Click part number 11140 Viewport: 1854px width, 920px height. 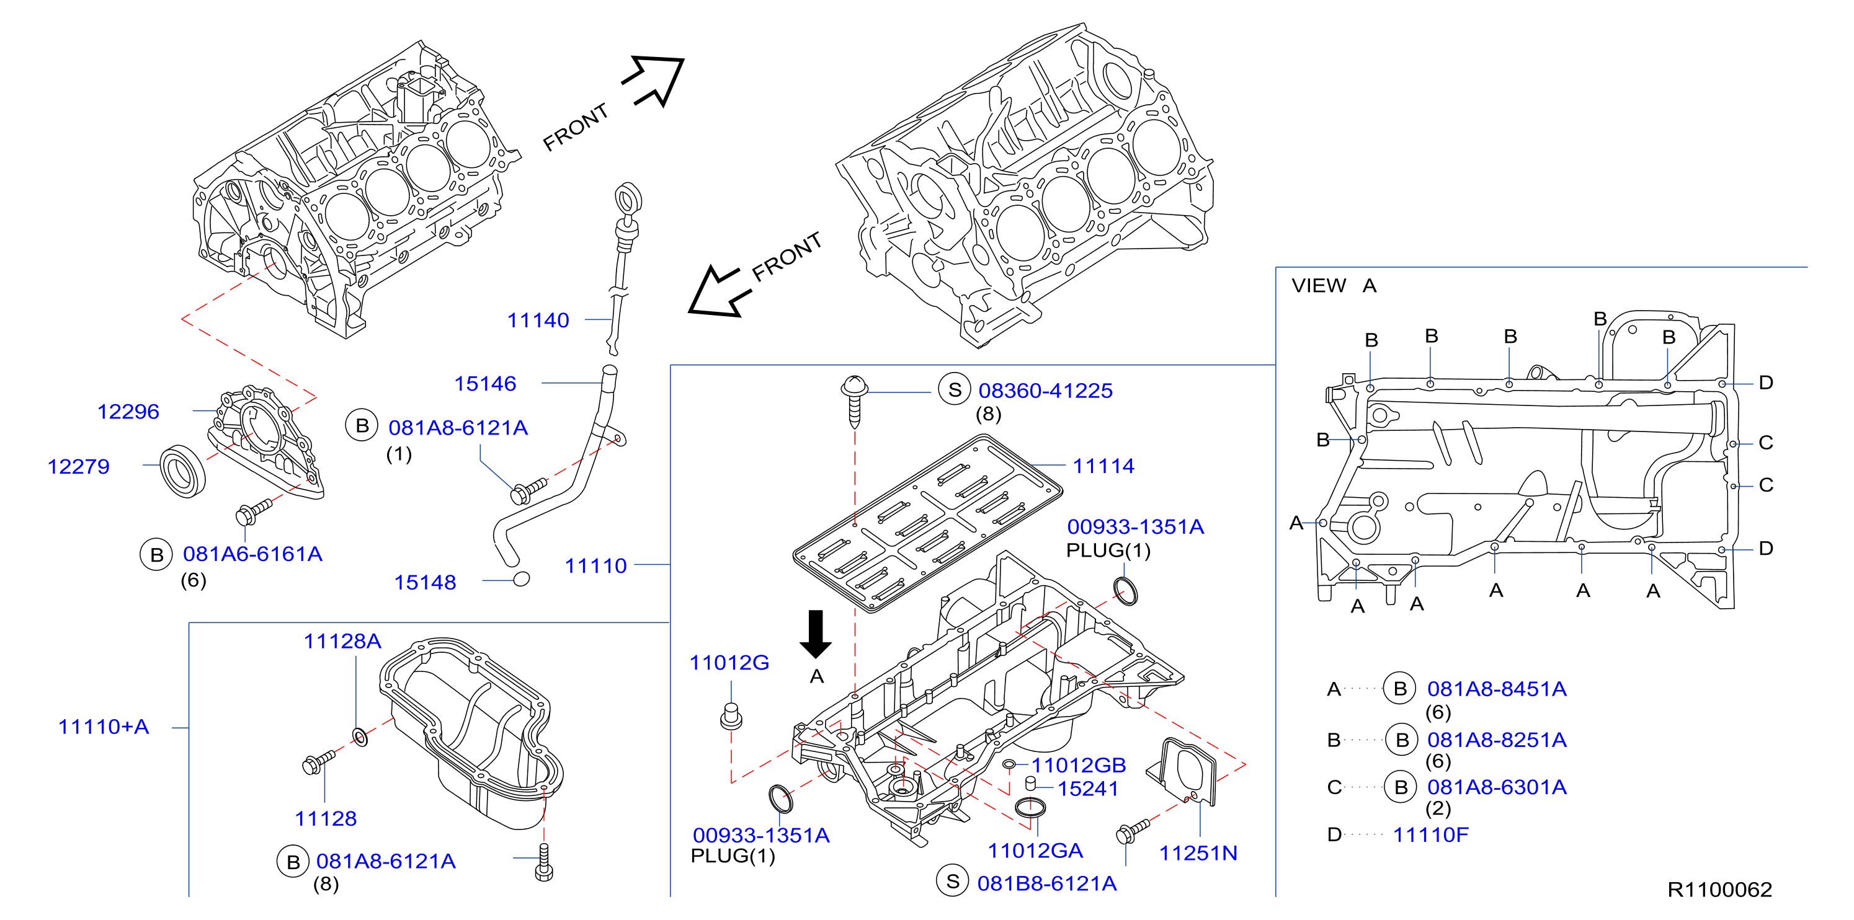538,320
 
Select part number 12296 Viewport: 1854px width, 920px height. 128,412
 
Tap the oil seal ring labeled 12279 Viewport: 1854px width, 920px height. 182,471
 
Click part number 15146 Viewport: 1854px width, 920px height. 485,383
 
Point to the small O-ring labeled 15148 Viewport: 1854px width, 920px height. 522,578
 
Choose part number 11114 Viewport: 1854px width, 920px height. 1103,466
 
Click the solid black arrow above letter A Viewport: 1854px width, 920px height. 816,634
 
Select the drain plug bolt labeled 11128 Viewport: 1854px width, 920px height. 318,763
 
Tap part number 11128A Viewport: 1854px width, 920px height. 342,641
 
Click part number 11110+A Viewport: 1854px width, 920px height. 104,727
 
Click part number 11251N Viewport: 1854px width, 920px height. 1198,853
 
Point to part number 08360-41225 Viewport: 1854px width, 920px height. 1045,391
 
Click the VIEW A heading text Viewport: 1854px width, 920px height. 1334,286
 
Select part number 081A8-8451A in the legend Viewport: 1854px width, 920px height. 1497,689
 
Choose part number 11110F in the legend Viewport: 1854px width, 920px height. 1431,834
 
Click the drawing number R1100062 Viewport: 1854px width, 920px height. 1719,890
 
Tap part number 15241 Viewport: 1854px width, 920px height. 1087,789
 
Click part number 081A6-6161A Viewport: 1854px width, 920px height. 252,554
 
